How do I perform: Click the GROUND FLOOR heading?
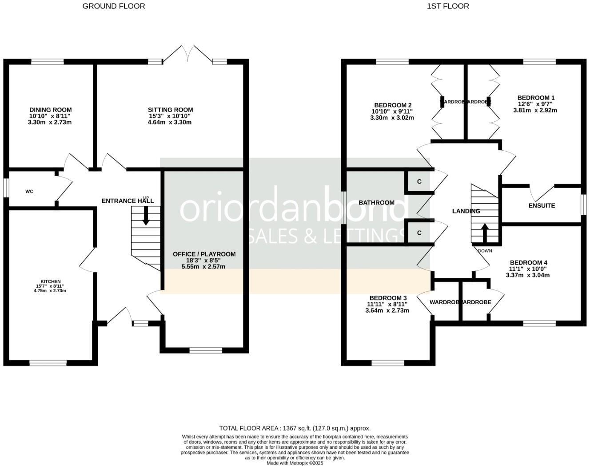tap(114, 6)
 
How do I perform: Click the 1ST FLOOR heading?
tap(448, 6)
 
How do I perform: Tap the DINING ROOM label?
tap(50, 110)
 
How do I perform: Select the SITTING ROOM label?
tap(171, 110)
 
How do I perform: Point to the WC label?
tap(29, 192)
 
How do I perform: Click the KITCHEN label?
tap(50, 281)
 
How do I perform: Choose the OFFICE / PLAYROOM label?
tap(204, 254)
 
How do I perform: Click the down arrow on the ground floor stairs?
tap(146, 216)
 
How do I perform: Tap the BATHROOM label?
tap(376, 203)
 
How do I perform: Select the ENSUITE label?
tap(542, 206)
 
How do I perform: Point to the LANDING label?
tap(466, 211)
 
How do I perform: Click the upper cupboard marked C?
tap(419, 182)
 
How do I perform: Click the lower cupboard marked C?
tap(419, 233)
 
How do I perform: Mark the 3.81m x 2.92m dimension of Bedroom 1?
tap(535, 110)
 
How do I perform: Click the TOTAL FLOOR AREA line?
tap(295, 429)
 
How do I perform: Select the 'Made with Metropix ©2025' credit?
tap(295, 463)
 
